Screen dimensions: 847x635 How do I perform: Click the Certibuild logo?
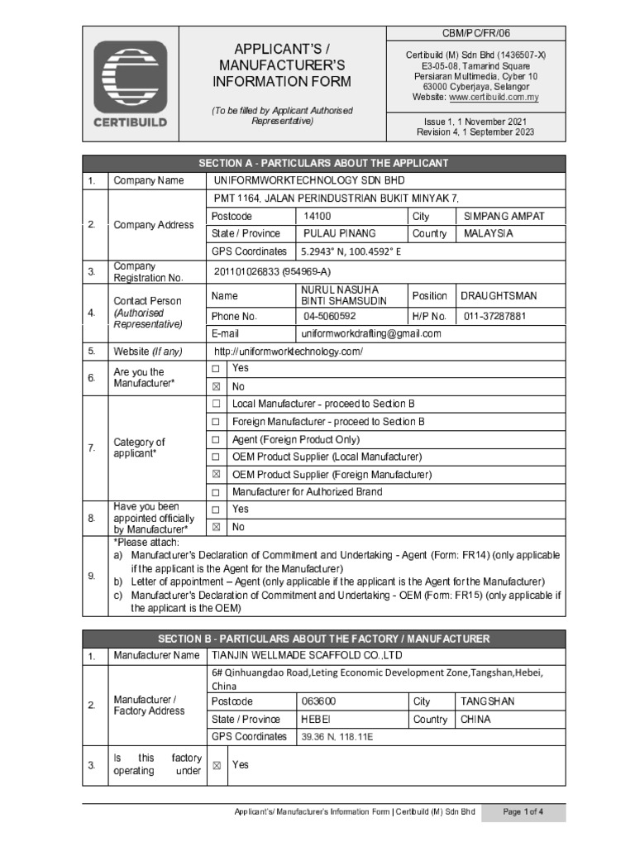(130, 84)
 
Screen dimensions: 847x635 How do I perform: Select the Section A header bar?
(323, 163)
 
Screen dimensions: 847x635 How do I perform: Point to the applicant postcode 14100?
(317, 216)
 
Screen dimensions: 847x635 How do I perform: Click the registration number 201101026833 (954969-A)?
(273, 271)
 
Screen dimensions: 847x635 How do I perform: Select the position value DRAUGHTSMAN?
(499, 295)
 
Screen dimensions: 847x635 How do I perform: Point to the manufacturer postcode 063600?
(319, 701)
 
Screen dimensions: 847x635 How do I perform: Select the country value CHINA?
(475, 720)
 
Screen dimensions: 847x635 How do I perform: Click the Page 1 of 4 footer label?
(523, 812)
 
